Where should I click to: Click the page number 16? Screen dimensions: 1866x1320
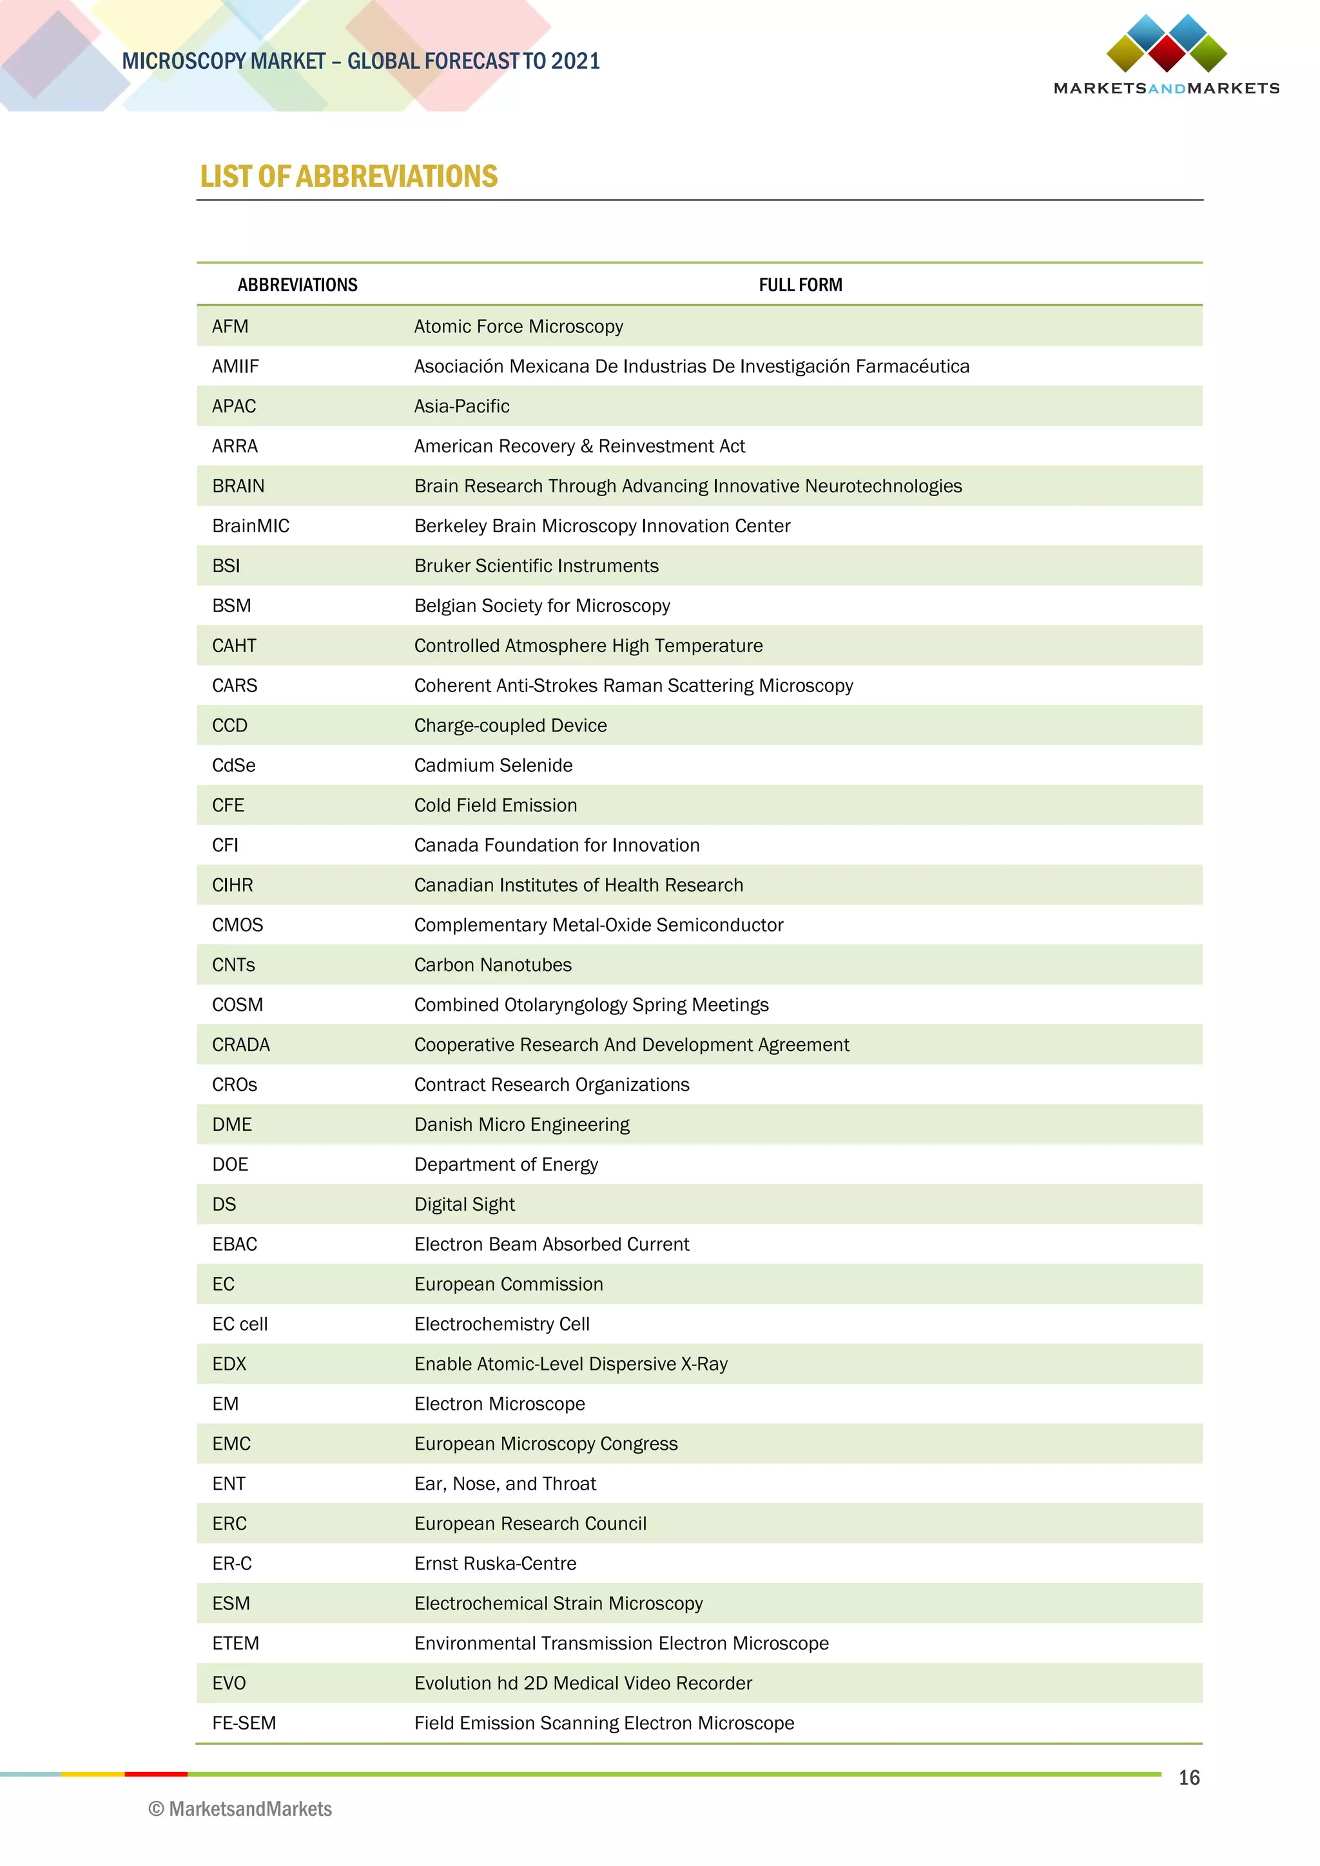click(x=1189, y=1778)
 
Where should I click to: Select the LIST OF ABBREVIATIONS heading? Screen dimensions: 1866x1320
click(x=349, y=177)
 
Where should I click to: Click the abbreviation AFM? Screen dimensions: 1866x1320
click(x=230, y=327)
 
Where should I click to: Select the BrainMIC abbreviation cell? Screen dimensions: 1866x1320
click(x=250, y=526)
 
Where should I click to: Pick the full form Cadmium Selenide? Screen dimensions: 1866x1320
click(x=492, y=765)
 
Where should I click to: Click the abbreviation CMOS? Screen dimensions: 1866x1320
click(x=237, y=925)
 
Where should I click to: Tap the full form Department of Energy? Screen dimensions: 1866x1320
click(x=505, y=1164)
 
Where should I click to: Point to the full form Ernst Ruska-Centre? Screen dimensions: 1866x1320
click(x=495, y=1564)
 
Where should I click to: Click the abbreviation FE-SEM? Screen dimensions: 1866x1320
click(x=244, y=1723)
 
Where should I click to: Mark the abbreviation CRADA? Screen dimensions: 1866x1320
click(x=240, y=1045)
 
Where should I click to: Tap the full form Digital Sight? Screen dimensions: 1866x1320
click(x=464, y=1204)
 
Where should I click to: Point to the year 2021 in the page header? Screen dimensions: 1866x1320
click(x=575, y=61)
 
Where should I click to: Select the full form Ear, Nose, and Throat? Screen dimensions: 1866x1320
click(x=505, y=1484)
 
